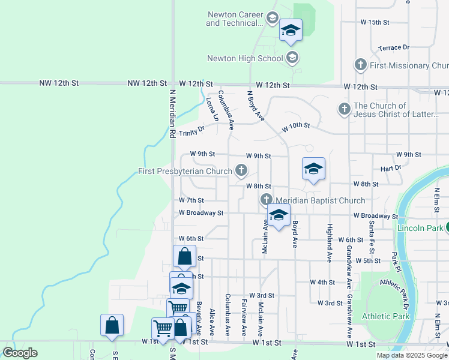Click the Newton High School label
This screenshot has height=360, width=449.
(245, 59)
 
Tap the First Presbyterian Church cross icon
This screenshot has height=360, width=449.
(241, 172)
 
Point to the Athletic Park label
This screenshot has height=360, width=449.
(386, 316)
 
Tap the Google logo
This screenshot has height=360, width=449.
(20, 353)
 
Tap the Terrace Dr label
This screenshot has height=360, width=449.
(394, 47)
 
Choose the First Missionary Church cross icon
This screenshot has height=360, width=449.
(361, 65)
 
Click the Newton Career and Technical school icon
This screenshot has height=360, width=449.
(272, 18)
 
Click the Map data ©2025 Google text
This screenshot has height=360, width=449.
(412, 355)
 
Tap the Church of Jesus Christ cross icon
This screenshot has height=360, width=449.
(345, 109)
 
